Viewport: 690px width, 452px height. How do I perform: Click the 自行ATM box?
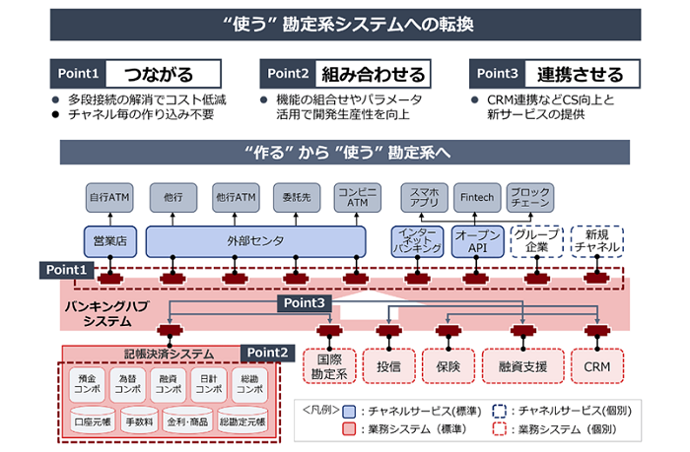coord(110,196)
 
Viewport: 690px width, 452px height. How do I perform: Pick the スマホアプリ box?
coord(422,196)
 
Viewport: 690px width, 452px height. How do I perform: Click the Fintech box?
coord(479,196)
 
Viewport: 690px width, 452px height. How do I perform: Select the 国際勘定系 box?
coord(329,365)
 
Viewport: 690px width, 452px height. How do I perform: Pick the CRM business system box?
coord(598,365)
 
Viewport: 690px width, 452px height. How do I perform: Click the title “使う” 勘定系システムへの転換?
coord(344,22)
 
